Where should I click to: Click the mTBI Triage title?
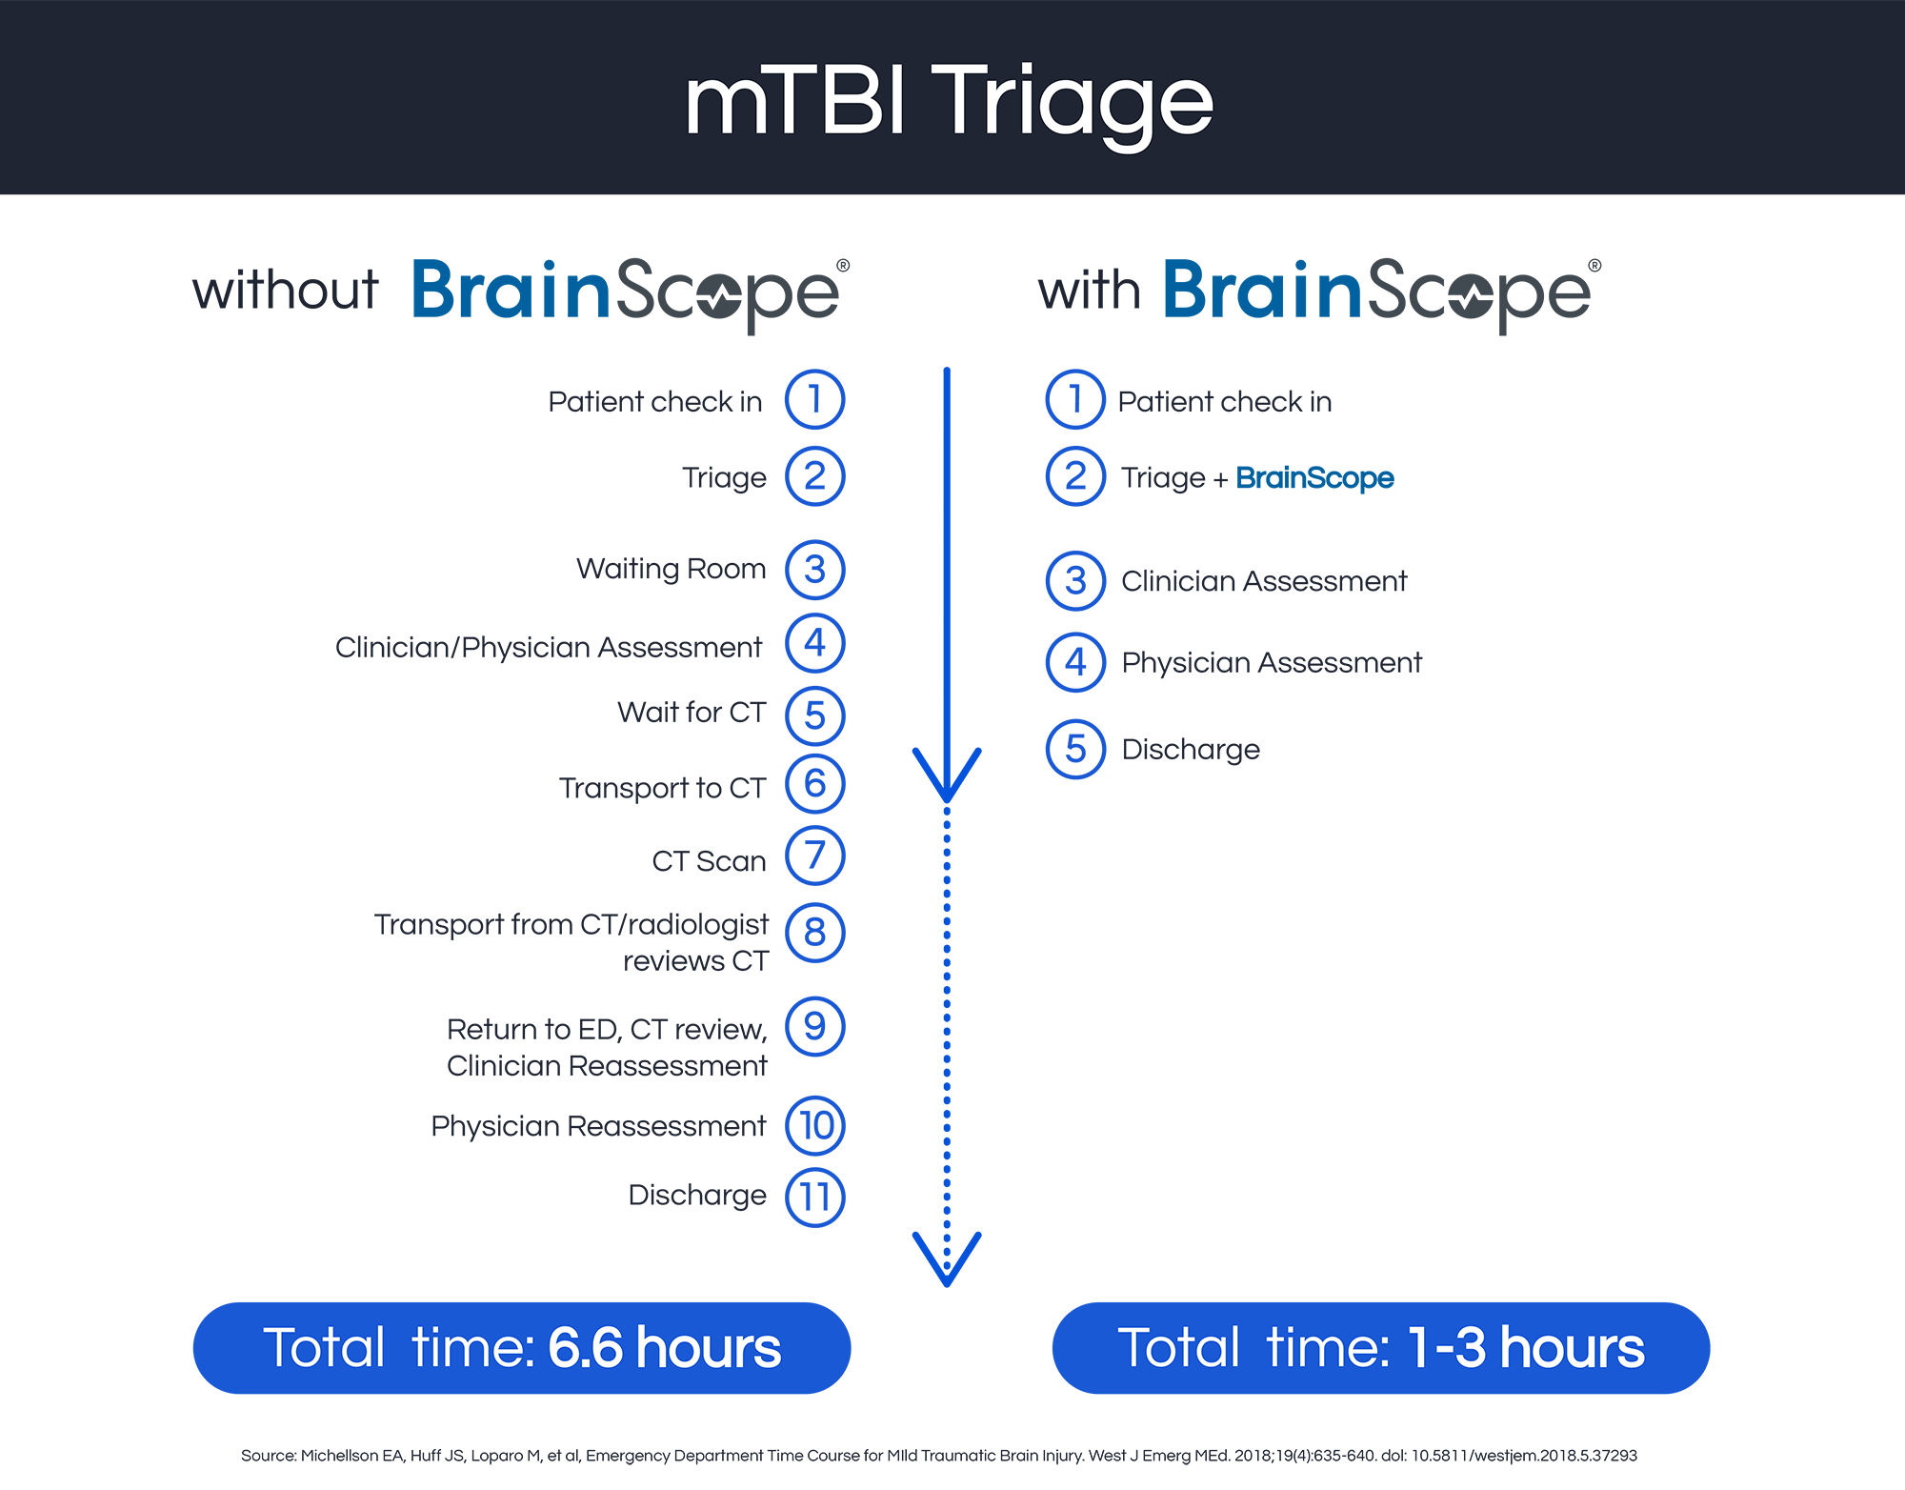point(949,103)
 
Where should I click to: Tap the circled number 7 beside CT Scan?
point(814,856)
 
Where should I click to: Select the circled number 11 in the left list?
point(814,1198)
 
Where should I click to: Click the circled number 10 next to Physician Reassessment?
point(814,1125)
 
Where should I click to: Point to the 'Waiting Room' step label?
point(671,569)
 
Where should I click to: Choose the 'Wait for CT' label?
point(692,712)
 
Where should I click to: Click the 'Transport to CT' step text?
point(662,788)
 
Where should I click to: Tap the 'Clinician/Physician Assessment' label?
point(549,648)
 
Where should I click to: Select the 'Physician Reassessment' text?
point(598,1126)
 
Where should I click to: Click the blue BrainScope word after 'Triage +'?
point(1314,478)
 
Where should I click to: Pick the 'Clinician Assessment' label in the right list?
point(1264,581)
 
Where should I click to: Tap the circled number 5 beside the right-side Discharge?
point(1075,749)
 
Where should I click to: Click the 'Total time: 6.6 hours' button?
point(522,1348)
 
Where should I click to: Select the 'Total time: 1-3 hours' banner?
point(1381,1348)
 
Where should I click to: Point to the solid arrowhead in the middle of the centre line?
point(947,775)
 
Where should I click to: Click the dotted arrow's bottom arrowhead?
point(947,1259)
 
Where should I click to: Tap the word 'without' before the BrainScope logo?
point(286,290)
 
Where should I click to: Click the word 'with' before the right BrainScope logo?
point(1090,290)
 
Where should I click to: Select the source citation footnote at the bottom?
point(939,1456)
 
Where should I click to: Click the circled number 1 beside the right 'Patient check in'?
point(1075,399)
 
